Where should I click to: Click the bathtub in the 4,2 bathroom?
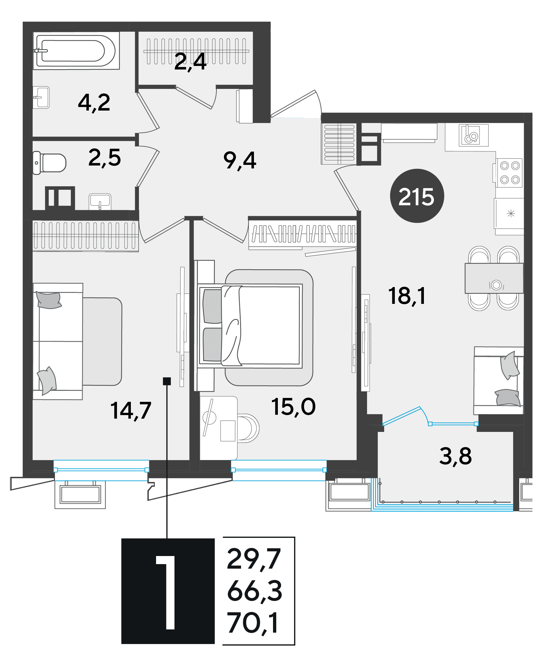point(76,51)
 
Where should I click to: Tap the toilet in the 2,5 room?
point(49,163)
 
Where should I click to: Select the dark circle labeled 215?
point(417,196)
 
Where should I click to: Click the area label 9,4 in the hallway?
point(240,160)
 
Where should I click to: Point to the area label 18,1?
point(407,296)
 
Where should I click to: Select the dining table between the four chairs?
point(494,278)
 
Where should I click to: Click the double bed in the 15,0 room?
point(250,326)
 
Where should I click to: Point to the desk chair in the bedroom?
point(248,428)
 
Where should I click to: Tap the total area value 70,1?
point(253,623)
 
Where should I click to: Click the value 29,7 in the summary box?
point(254,559)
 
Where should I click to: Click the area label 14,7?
point(131,411)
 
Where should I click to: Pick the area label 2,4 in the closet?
point(190,62)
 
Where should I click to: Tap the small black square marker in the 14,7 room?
point(167,381)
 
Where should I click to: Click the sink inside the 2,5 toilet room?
point(100,201)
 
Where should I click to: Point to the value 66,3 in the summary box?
point(255,591)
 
